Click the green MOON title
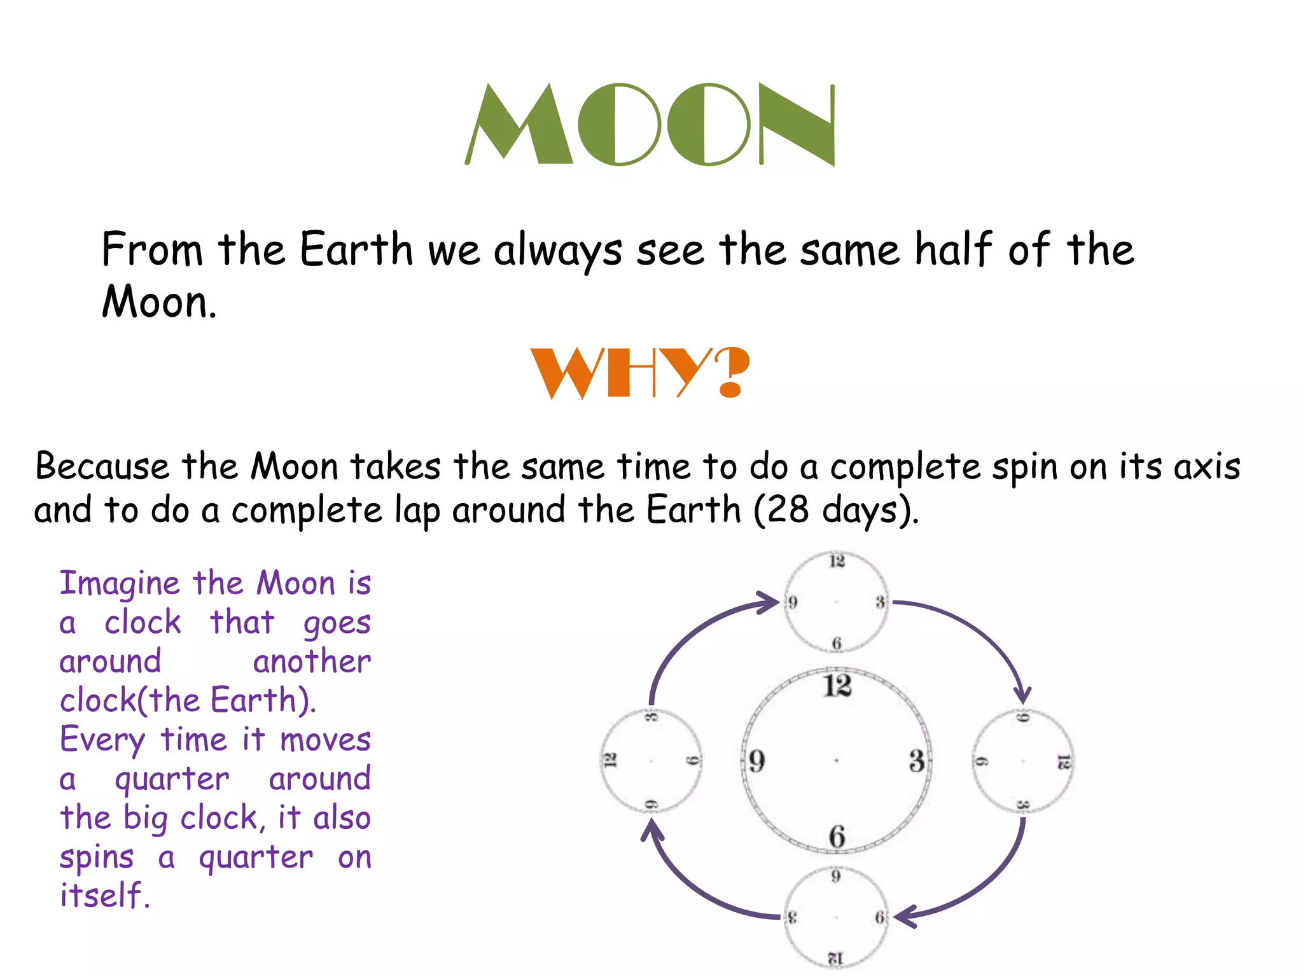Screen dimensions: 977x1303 650,125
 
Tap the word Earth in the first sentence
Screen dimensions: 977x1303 356,249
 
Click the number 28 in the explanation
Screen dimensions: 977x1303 788,510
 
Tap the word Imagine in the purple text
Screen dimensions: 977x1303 120,584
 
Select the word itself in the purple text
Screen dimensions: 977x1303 104,896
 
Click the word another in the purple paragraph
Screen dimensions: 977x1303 312,662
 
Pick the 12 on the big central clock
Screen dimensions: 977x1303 837,686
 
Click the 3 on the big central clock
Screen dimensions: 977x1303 916,761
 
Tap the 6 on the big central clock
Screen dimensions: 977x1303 837,836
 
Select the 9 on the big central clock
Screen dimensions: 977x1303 756,761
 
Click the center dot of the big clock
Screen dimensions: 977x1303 836,760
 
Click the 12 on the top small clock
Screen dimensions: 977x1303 837,561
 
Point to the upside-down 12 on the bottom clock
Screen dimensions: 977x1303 835,958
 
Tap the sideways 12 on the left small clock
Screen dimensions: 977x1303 610,760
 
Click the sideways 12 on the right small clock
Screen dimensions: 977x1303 1063,761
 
